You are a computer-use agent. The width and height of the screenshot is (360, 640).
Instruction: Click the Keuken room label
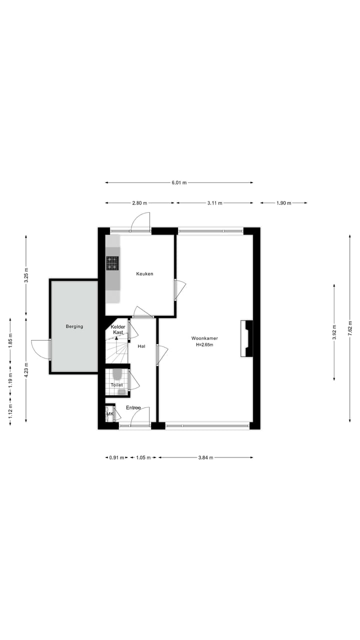[x=144, y=274]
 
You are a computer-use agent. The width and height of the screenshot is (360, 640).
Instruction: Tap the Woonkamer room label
[x=204, y=338]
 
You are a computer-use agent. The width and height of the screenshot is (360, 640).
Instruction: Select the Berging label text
[x=74, y=326]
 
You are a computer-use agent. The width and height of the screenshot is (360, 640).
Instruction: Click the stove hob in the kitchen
[x=112, y=263]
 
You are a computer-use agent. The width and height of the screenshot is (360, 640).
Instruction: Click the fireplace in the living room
[x=247, y=338]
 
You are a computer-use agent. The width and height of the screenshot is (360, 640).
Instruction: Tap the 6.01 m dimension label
[x=179, y=183]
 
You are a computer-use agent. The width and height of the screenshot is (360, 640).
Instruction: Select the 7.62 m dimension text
[x=350, y=329]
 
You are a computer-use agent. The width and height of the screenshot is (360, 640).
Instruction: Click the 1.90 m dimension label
[x=284, y=203]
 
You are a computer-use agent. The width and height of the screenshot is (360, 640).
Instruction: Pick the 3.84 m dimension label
[x=205, y=457]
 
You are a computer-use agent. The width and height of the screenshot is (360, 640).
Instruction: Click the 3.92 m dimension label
[x=334, y=332]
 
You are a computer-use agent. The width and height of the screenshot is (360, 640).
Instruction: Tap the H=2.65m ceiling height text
[x=204, y=345]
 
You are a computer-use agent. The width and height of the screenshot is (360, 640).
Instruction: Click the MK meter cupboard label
[x=110, y=414]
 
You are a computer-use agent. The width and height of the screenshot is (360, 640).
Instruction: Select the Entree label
[x=133, y=407]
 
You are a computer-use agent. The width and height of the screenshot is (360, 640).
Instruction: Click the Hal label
[x=141, y=346]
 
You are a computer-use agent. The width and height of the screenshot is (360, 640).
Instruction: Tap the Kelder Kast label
[x=118, y=329]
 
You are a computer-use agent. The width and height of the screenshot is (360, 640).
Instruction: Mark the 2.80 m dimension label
[x=139, y=203]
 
